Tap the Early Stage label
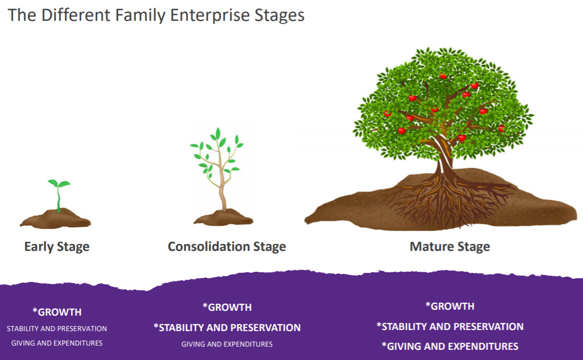tap(57, 247)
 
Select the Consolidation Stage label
tap(227, 247)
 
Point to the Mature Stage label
tap(450, 247)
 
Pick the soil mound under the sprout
tap(56, 219)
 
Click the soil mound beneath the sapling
tap(224, 218)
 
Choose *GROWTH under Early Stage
tap(57, 312)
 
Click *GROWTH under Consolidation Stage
tap(227, 307)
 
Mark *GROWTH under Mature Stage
tap(450, 306)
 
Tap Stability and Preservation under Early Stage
tap(57, 329)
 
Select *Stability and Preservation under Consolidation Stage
tap(227, 328)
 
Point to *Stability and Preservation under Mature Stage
tap(450, 326)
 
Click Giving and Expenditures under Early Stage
tap(57, 343)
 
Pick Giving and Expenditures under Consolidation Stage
tap(227, 344)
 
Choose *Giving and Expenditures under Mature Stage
tap(450, 346)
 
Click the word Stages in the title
tap(280, 16)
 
